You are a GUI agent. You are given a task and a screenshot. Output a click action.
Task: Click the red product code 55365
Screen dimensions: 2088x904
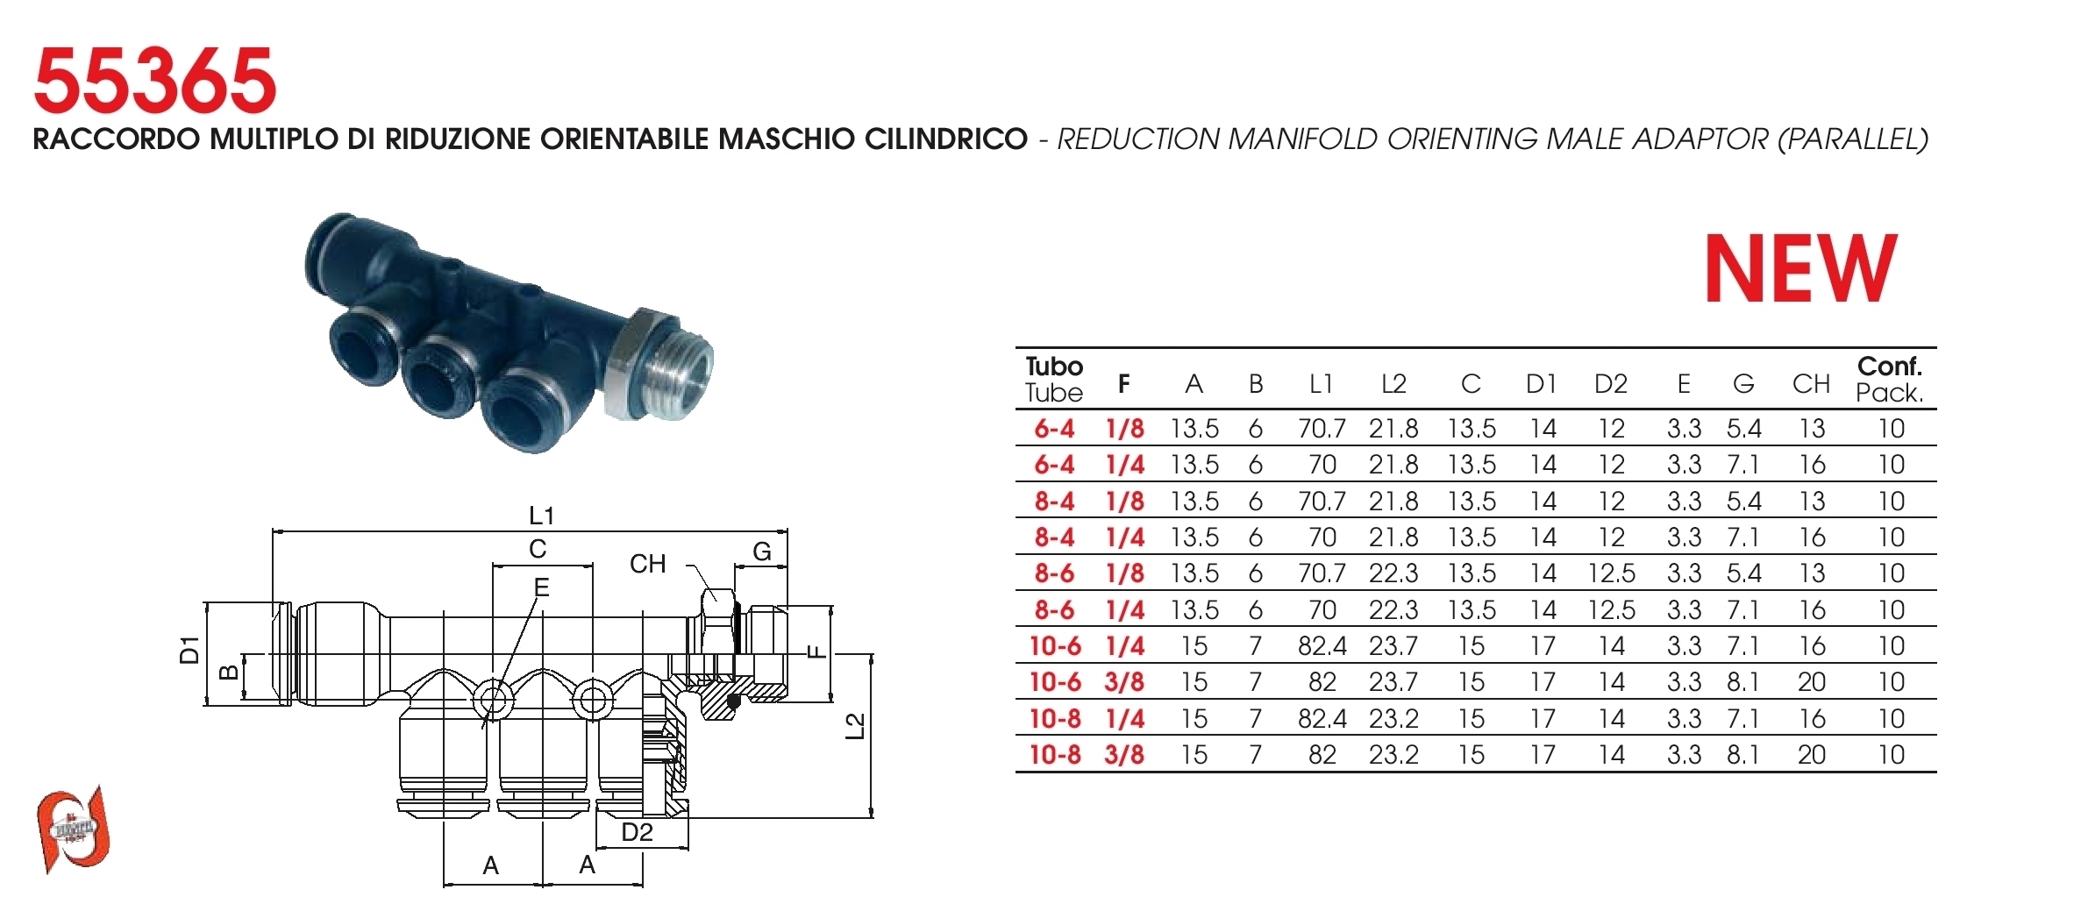(x=154, y=81)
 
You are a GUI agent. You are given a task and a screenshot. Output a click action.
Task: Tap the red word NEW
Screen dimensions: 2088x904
(x=1801, y=268)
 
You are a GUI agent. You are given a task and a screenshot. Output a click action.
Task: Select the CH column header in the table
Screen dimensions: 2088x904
(x=1811, y=384)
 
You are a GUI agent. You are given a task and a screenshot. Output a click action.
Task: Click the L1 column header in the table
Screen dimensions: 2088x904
(x=1321, y=384)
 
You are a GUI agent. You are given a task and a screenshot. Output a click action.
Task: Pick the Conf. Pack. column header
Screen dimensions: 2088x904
(x=1890, y=379)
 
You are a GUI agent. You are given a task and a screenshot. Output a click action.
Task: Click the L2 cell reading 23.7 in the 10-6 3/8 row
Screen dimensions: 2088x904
(x=1393, y=682)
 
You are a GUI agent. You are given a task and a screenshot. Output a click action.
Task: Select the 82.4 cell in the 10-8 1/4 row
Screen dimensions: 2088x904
(x=1322, y=719)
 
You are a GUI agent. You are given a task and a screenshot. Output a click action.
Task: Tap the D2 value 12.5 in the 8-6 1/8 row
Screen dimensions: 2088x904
(x=1612, y=573)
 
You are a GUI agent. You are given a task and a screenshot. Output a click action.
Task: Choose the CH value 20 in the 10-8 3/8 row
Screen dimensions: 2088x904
(x=1812, y=755)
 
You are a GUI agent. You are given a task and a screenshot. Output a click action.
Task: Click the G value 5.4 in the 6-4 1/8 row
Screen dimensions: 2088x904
(x=1744, y=429)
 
